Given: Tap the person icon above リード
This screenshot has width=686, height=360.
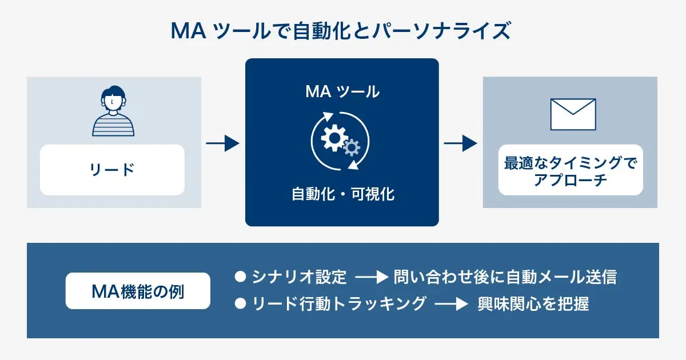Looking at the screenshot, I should tap(113, 111).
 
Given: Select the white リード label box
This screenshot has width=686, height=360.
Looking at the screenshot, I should tap(112, 170).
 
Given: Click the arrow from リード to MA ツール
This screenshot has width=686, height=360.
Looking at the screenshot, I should tap(222, 143).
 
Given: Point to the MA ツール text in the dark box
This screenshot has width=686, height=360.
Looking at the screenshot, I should tap(342, 91).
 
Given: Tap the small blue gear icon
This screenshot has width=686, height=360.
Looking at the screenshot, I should tap(351, 147).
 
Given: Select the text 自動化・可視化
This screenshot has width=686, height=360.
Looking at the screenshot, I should tap(342, 194).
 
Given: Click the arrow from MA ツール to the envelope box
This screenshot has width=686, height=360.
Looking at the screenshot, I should tap(460, 143).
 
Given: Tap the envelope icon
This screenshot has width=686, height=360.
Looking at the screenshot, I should tap(573, 114).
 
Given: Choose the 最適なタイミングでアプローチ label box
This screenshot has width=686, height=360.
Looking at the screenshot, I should tap(570, 170).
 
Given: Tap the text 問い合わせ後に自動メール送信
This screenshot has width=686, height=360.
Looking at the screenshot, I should tap(505, 278).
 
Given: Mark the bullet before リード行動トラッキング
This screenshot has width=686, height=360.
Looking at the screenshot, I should tap(240, 303).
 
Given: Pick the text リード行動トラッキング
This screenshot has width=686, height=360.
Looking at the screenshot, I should tap(339, 303).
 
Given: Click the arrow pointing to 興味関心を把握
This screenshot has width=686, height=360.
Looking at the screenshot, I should tap(451, 304).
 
